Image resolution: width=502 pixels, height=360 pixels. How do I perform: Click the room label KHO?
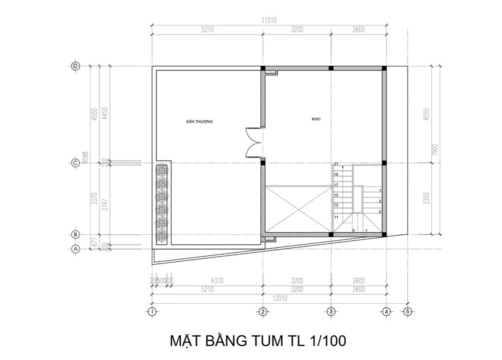[x=316, y=119]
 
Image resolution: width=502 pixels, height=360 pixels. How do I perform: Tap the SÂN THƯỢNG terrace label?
[x=199, y=121]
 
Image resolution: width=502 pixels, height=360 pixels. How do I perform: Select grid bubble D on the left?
[x=76, y=66]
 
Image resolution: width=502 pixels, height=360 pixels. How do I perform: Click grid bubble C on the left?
[x=76, y=163]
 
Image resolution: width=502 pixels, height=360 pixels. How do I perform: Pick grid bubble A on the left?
[x=76, y=249]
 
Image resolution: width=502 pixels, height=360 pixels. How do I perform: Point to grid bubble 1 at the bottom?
[x=152, y=311]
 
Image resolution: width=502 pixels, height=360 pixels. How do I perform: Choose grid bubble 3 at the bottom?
[x=331, y=311]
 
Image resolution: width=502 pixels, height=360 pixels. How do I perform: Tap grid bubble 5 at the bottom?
[x=407, y=311]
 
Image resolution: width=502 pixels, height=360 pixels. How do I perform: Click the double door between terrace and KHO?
[x=254, y=142]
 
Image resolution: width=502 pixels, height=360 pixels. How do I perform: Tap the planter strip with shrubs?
[x=162, y=204]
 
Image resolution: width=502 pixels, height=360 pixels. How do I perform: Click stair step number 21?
[x=336, y=164]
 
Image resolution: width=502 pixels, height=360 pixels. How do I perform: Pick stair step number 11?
[x=336, y=217]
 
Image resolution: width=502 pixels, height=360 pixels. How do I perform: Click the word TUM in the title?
[x=264, y=341]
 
